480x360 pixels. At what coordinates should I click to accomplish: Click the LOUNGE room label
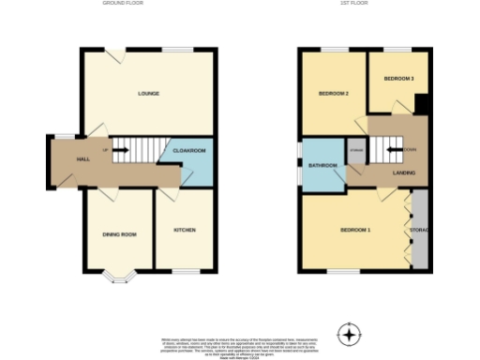148,94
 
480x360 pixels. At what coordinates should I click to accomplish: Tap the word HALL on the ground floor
82,159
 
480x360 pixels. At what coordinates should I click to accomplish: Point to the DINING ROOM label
120,233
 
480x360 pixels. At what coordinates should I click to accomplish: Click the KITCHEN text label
184,230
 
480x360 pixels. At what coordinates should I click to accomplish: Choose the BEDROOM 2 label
333,94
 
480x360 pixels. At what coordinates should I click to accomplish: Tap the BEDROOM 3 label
399,78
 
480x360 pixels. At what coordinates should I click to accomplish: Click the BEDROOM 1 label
355,230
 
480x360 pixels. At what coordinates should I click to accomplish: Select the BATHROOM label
322,166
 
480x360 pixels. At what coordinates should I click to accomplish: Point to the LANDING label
404,172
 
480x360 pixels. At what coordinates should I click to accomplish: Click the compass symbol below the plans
350,334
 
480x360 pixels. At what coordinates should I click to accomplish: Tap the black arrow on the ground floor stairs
120,150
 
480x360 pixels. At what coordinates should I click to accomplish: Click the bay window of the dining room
118,276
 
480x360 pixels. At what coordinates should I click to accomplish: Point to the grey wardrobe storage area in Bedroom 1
419,230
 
